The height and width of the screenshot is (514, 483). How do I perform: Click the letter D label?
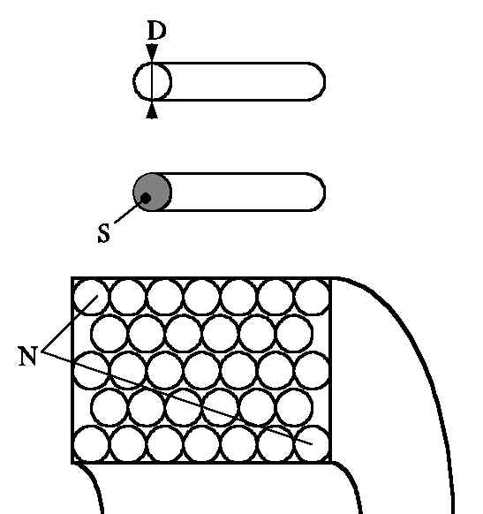pos(156,30)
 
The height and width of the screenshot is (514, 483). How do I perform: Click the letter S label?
pos(104,233)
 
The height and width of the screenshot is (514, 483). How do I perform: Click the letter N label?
pos(27,356)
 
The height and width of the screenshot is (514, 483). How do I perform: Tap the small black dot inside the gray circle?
pos(146,198)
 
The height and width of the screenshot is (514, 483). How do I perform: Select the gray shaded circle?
pos(153,192)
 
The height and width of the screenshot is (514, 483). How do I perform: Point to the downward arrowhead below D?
pos(152,52)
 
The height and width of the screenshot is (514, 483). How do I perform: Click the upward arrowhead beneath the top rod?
pos(152,110)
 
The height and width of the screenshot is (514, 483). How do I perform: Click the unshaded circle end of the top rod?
pos(153,81)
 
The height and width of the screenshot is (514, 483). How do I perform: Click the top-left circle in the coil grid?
pos(91,297)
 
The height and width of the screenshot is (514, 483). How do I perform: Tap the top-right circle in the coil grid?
pos(313,297)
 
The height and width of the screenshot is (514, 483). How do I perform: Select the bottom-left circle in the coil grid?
pos(91,444)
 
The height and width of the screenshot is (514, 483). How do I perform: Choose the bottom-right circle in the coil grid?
pos(313,444)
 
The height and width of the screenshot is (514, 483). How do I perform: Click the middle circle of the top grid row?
pos(202,297)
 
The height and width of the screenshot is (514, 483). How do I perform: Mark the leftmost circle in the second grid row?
pos(109,333)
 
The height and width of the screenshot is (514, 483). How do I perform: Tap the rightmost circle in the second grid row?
pos(294,333)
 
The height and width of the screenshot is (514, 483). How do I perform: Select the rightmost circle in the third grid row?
pos(313,370)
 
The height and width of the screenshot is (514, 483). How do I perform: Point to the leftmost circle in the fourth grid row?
pos(109,407)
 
